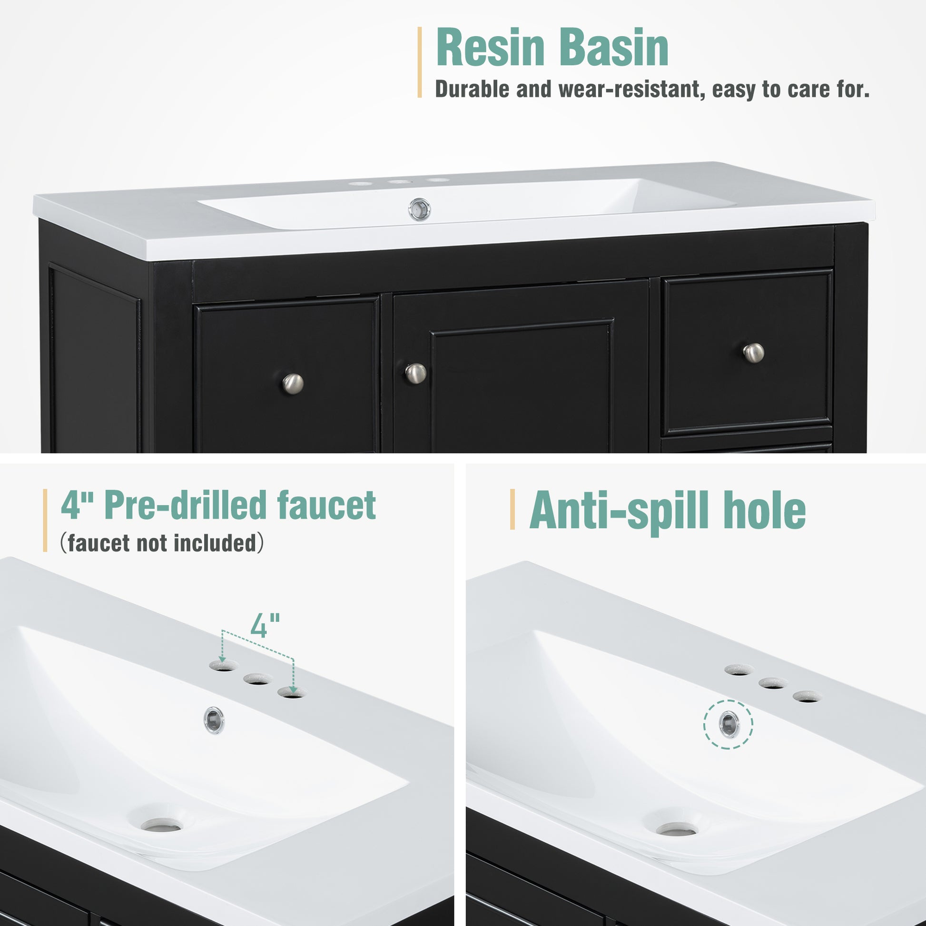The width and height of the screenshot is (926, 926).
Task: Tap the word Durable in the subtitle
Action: pos(472,89)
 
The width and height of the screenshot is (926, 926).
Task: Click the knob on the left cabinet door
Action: pos(292,384)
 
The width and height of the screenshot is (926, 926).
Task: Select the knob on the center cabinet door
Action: pos(415,374)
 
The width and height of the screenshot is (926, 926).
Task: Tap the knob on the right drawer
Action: pos(753,353)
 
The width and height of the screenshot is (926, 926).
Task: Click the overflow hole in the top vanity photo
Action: pos(419,209)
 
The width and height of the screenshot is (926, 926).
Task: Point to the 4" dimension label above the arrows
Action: pos(265,625)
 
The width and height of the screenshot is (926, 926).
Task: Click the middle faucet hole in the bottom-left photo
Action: pos(258,679)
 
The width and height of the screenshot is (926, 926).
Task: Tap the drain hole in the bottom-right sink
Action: pos(677,829)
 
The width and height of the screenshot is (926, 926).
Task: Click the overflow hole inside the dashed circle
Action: pos(729,724)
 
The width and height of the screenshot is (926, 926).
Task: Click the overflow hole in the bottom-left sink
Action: pos(214,719)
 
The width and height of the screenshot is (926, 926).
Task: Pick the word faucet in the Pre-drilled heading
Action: pos(326,506)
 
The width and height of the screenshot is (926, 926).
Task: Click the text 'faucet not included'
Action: pos(162,543)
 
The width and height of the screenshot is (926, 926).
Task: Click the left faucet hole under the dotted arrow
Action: pos(223,666)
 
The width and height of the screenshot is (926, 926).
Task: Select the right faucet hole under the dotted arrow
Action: pos(291,692)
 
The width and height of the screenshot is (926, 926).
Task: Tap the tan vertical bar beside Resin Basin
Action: pos(420,62)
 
